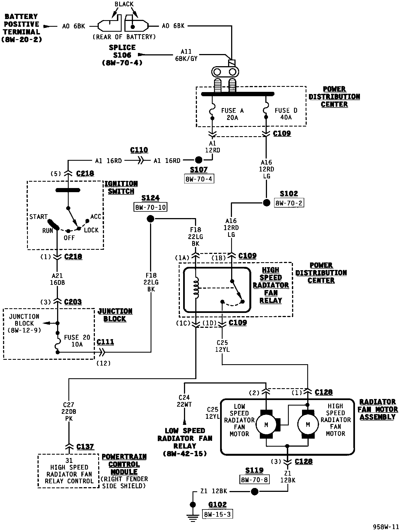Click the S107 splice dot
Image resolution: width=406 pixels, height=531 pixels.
(x=199, y=160)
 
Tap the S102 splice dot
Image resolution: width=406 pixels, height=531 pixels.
(x=266, y=203)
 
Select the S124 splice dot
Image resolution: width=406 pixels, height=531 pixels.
(x=150, y=219)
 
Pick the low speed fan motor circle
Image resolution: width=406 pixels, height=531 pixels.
(x=266, y=425)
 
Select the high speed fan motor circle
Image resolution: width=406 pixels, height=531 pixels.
(x=308, y=425)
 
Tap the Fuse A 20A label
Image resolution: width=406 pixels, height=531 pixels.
(x=232, y=114)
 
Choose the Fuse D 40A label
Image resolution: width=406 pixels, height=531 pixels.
(x=286, y=114)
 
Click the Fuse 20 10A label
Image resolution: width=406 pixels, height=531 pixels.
(x=77, y=341)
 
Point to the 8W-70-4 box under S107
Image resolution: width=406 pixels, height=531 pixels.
(x=199, y=179)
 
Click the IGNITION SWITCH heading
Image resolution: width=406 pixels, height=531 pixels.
(x=121, y=187)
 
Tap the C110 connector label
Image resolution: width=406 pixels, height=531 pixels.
(x=139, y=150)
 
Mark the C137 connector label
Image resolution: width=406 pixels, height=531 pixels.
(x=85, y=447)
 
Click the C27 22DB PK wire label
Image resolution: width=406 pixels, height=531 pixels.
(x=68, y=412)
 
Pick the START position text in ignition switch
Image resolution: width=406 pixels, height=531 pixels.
(x=39, y=217)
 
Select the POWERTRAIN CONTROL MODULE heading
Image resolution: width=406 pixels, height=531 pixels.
(x=124, y=464)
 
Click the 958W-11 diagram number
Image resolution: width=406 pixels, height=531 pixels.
(x=386, y=527)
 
